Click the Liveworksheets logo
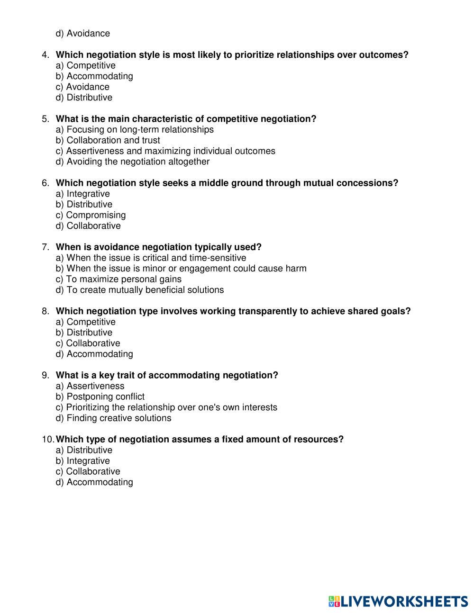[398, 601]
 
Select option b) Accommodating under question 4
[94, 76]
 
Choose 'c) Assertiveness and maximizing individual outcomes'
[165, 151]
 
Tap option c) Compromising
[91, 215]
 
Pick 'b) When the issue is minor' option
[181, 269]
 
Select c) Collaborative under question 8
[88, 343]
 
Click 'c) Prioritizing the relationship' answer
[166, 407]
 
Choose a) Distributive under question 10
[84, 450]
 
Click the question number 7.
[46, 247]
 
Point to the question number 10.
[48, 440]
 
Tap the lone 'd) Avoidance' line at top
[83, 34]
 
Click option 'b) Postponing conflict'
[100, 397]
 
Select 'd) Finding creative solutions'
[113, 418]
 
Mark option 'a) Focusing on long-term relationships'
[135, 130]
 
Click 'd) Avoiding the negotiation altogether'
[133, 162]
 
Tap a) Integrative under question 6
[82, 194]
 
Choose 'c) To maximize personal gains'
[118, 279]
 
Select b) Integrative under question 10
[82, 461]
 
